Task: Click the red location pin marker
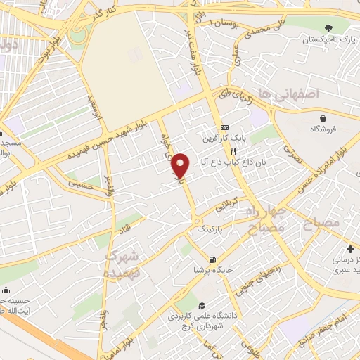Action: tap(181, 165)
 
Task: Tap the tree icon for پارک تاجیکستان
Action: tap(330, 27)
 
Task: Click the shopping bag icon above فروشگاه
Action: tap(323, 118)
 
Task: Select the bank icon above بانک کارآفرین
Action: tap(224, 127)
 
